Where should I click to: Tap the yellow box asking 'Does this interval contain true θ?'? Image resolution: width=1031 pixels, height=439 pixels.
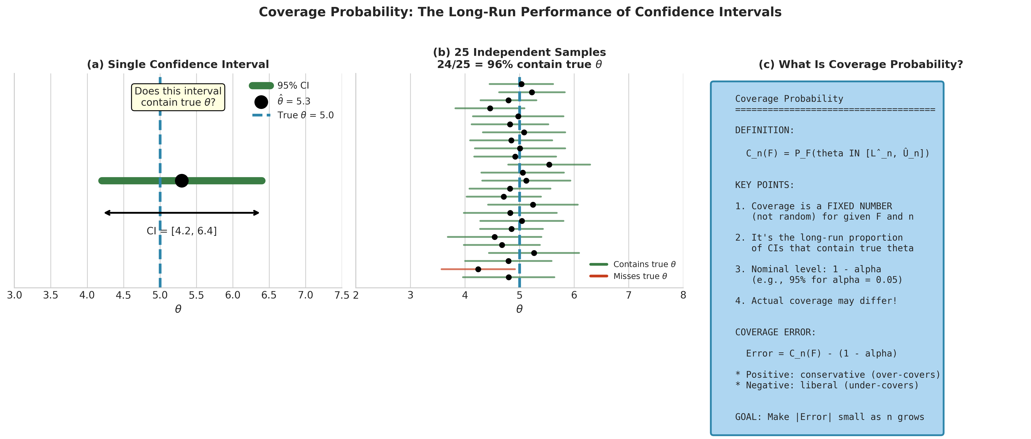click(x=178, y=97)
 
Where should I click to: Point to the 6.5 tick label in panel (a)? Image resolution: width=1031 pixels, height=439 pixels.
click(x=269, y=295)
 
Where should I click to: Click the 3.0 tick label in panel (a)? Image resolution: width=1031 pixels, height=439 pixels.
click(x=15, y=295)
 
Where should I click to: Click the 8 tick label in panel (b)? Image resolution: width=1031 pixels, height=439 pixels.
click(x=683, y=295)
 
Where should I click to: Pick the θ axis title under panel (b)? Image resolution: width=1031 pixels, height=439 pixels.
click(x=519, y=309)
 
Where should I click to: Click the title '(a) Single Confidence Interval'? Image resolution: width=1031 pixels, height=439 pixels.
click(x=178, y=64)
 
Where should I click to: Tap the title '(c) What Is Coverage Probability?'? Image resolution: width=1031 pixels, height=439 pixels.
click(x=861, y=64)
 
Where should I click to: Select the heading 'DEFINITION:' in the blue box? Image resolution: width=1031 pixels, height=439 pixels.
click(x=764, y=130)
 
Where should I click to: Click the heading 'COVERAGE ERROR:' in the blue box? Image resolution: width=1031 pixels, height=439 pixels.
click(x=775, y=332)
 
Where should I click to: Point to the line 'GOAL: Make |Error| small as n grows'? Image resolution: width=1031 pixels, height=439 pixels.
click(x=829, y=417)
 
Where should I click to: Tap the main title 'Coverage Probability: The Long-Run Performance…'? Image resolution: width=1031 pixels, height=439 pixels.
click(x=520, y=12)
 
